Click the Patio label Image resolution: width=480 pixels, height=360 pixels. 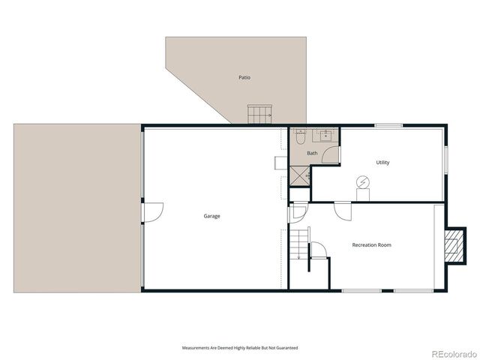pos(244,77)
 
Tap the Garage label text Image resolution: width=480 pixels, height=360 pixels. pos(211,216)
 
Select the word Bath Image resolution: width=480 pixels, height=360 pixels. pos(312,154)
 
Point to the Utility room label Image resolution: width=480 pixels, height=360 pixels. pos(382,162)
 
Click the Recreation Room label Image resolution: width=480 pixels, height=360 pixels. pos(372,244)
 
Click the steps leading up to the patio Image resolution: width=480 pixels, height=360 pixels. pos(259,115)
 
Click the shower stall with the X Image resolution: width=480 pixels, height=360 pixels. pos(300,176)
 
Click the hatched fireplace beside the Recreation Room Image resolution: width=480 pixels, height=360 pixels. pos(453,245)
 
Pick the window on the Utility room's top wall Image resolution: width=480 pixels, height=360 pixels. pos(388,125)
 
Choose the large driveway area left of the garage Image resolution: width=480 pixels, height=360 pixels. pos(76,208)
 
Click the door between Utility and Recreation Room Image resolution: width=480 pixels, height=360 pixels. pos(343,210)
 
